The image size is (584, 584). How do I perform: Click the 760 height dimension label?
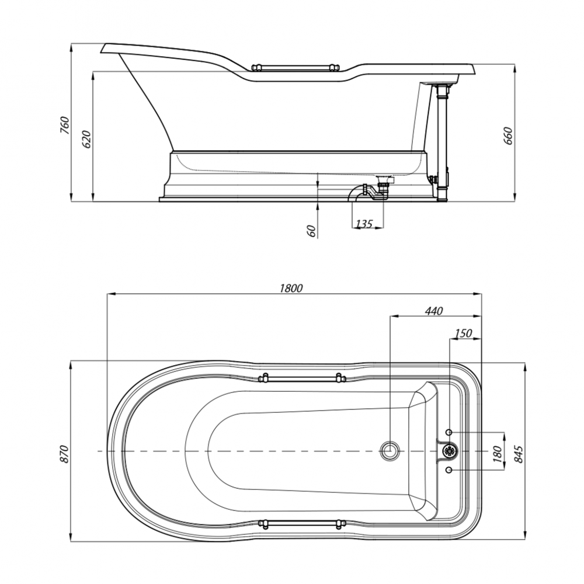65,125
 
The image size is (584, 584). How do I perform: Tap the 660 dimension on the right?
507,135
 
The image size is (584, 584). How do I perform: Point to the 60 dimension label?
312,231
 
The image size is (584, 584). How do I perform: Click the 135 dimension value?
364,224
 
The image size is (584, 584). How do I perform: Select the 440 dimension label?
433,311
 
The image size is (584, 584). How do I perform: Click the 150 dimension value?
463,333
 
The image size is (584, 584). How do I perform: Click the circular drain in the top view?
390,451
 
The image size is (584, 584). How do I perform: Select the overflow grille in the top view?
450,451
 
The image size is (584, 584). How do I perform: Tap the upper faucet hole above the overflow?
449,432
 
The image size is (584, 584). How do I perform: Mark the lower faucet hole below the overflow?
449,470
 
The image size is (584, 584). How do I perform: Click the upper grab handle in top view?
301,378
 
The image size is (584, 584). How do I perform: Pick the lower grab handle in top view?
301,523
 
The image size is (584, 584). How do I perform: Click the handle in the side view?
296,68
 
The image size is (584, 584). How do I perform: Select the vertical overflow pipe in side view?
443,143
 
